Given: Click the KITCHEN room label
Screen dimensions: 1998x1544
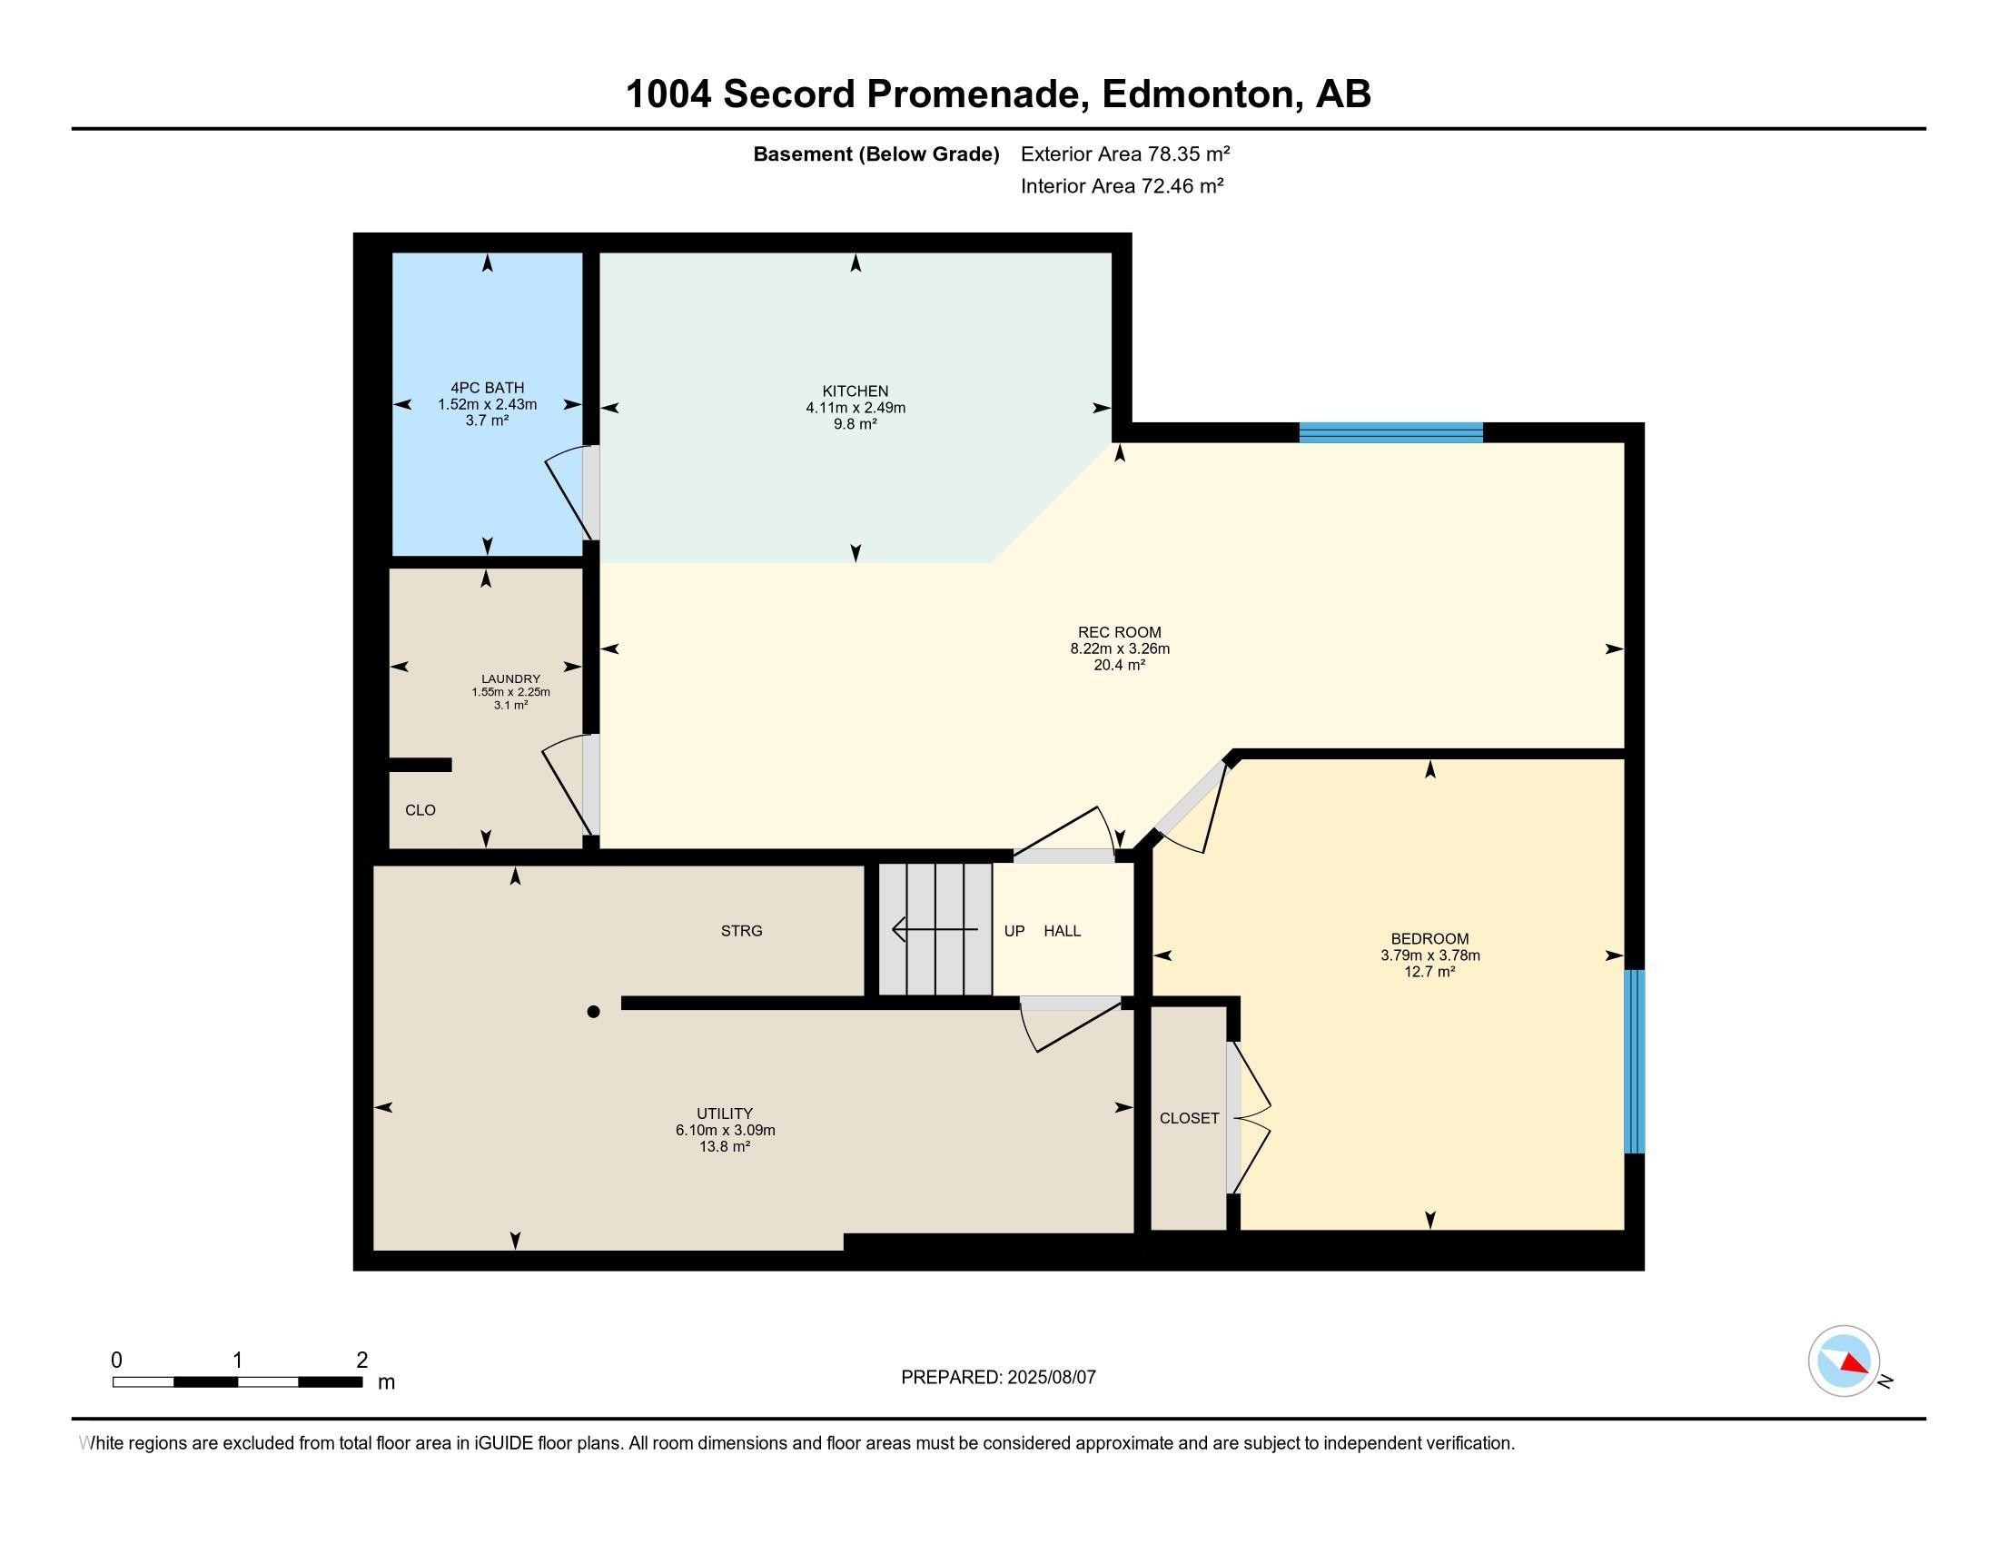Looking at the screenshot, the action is [856, 391].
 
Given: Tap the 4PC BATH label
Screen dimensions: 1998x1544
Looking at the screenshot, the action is [487, 388].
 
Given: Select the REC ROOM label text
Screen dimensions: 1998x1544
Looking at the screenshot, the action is [1120, 632].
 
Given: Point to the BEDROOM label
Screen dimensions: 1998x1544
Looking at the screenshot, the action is [1429, 938].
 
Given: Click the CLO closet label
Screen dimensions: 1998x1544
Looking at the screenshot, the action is [420, 810].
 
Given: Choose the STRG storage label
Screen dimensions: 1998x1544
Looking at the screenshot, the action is [741, 931].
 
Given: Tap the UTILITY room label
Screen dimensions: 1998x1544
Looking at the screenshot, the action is [725, 1113].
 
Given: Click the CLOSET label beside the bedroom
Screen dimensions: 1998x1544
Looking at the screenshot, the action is [1190, 1118].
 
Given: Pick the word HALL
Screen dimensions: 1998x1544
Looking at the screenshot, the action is [1063, 931].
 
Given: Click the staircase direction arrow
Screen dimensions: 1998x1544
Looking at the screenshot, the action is [935, 930].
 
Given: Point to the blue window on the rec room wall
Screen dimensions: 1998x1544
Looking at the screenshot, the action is [1390, 432].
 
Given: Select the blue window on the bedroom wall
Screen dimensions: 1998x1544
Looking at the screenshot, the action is [1634, 1061].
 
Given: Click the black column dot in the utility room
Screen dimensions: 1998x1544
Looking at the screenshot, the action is [593, 1012].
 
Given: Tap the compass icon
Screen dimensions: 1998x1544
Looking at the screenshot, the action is [1844, 1361].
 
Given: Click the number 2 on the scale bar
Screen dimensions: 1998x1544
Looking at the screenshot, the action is [362, 1361].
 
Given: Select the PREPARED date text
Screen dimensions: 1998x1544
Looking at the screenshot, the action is [998, 1378].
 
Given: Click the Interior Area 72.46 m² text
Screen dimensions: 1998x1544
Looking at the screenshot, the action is [1123, 186].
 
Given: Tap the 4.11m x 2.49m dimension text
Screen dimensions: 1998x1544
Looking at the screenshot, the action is [856, 408].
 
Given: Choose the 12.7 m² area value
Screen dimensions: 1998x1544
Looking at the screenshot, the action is [1429, 972].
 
